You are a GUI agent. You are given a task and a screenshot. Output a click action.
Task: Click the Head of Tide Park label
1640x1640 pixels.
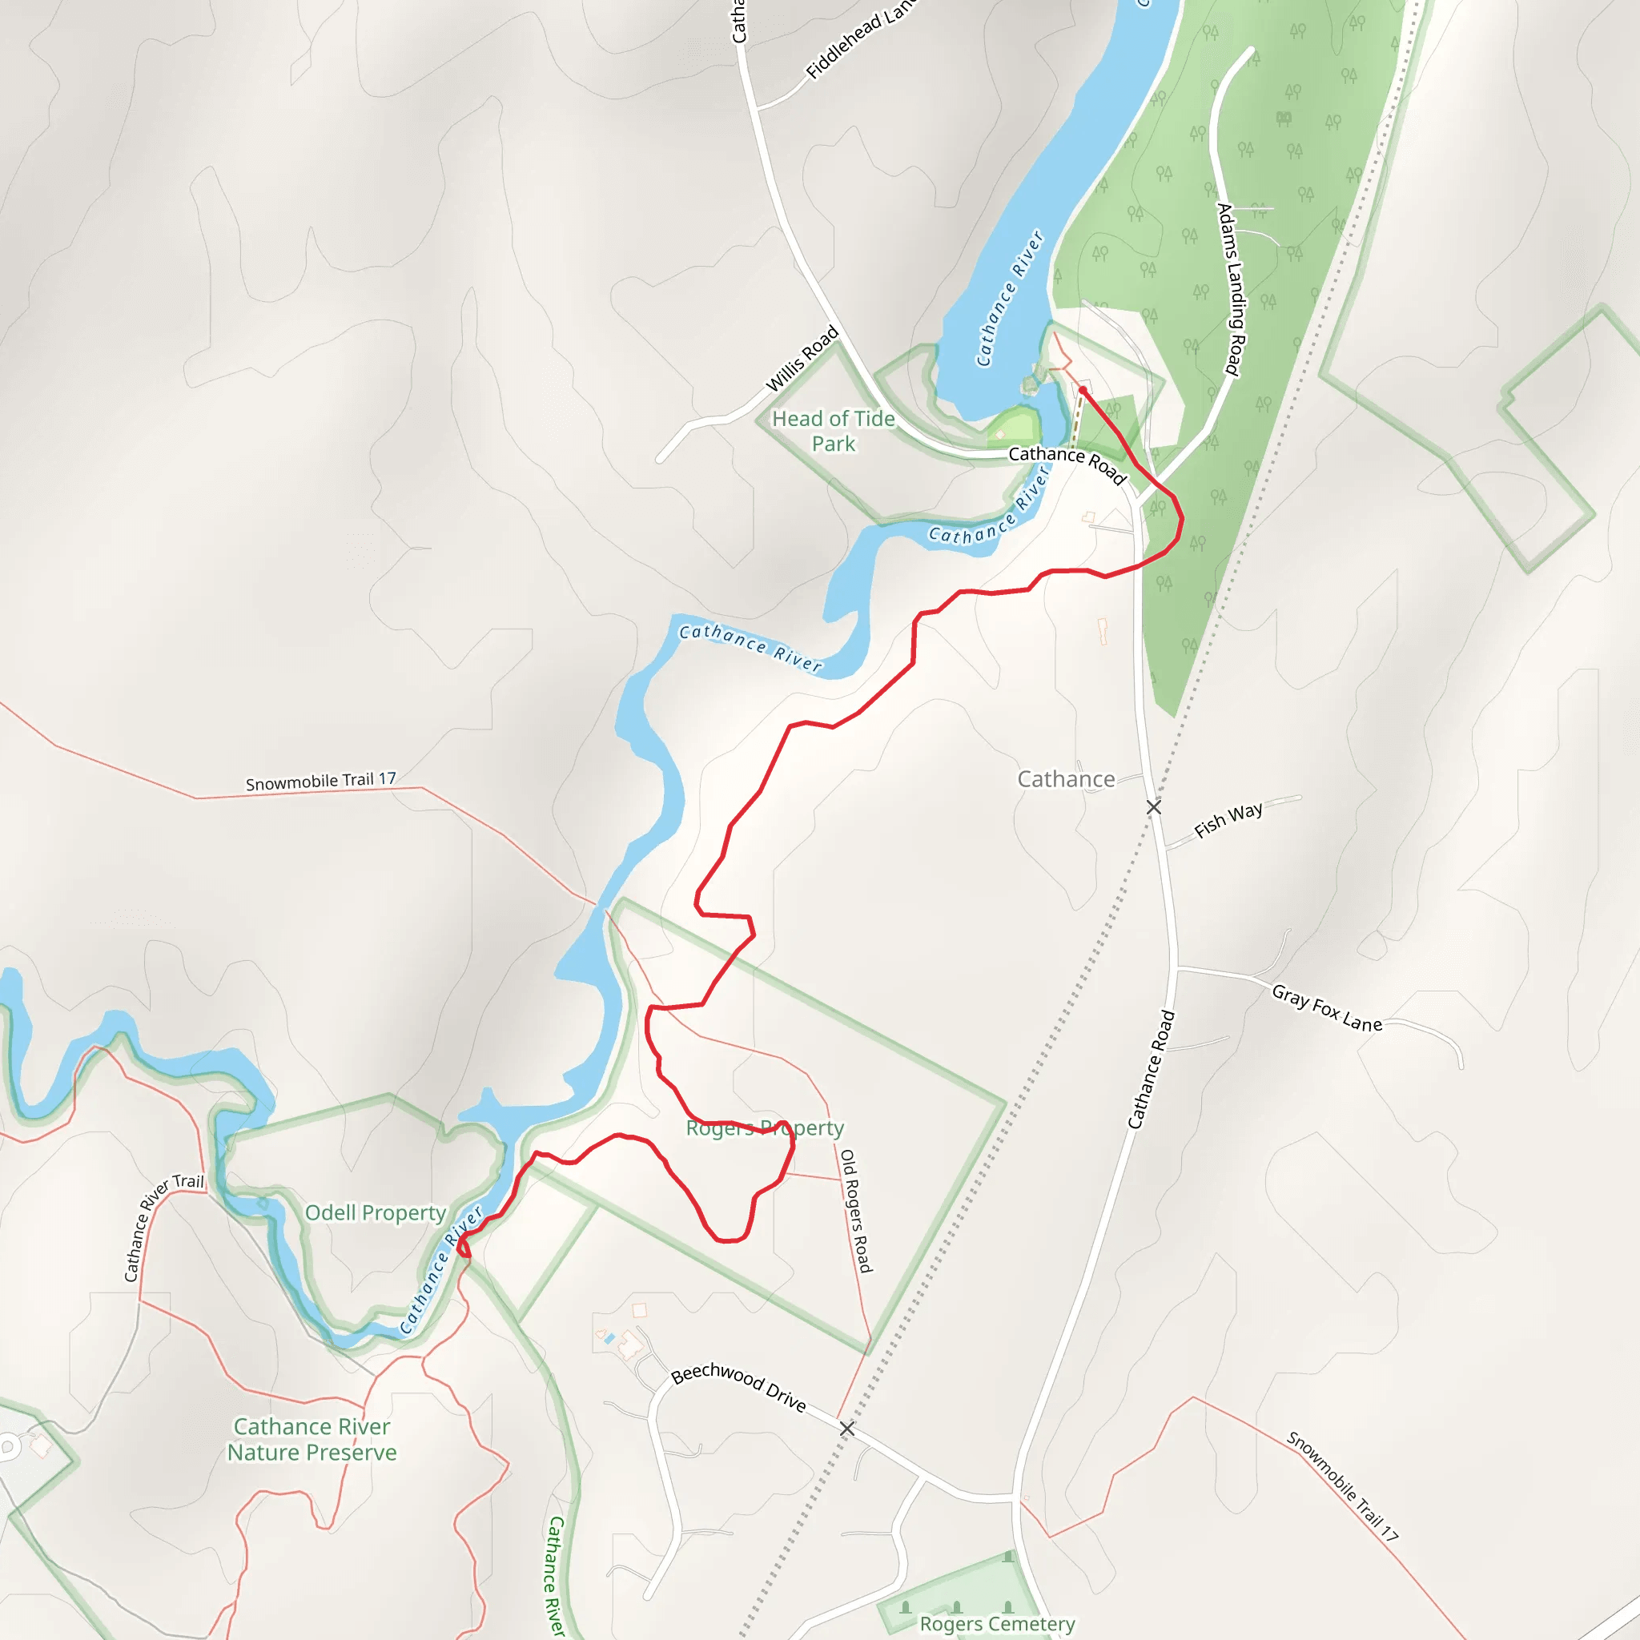(x=833, y=432)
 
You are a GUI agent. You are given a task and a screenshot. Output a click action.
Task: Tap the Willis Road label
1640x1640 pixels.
(x=802, y=359)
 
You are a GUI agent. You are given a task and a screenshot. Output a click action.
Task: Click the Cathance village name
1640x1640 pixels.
(x=1065, y=779)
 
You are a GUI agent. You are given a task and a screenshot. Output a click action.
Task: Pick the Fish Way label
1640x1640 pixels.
(x=1228, y=820)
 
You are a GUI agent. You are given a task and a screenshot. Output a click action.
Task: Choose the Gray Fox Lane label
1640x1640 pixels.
(x=1326, y=1007)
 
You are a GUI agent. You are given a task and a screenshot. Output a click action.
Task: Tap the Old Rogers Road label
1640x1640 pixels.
(x=856, y=1211)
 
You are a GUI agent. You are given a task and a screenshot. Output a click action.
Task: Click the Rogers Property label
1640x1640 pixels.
(x=764, y=1128)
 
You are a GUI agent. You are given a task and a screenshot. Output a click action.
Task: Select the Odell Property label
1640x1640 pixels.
(x=376, y=1213)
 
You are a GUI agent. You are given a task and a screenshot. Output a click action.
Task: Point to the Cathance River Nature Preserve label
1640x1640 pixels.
(x=312, y=1440)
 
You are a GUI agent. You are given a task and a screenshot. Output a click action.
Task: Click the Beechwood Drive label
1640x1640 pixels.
(x=738, y=1386)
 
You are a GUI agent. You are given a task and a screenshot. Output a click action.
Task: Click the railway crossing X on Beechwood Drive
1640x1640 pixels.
(x=846, y=1429)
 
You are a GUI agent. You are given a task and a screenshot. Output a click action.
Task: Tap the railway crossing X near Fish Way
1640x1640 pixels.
(x=1154, y=806)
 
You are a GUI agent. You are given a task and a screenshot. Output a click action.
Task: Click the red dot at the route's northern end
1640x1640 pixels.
(x=1083, y=391)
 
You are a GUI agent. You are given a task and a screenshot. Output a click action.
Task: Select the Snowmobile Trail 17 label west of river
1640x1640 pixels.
(x=321, y=781)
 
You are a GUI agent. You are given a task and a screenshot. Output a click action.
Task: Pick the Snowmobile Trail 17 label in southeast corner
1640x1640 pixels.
(x=1341, y=1485)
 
